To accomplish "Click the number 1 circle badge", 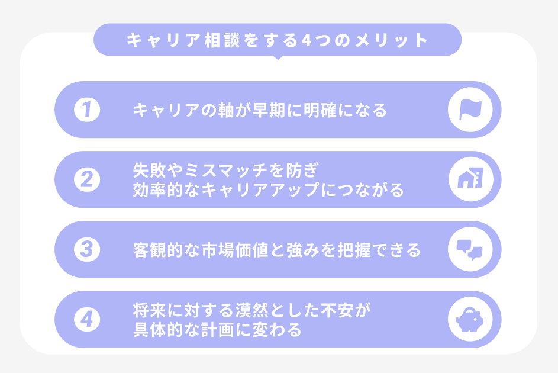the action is [x=87, y=110].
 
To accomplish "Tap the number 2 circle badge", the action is [x=87, y=179].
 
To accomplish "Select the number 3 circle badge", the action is [x=87, y=249].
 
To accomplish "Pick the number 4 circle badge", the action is [x=87, y=319].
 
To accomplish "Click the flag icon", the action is [x=470, y=110].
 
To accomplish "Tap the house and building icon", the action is [x=470, y=179].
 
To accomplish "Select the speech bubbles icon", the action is [x=470, y=249].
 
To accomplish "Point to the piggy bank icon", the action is [x=470, y=319].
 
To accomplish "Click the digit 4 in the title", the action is [x=307, y=40].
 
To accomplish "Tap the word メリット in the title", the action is [x=392, y=40].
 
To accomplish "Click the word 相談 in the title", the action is [x=222, y=40].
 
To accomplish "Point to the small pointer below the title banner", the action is [x=278, y=57].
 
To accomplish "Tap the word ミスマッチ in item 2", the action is [x=226, y=171].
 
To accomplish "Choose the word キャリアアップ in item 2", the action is [x=260, y=189].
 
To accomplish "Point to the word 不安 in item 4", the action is [x=337, y=310].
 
